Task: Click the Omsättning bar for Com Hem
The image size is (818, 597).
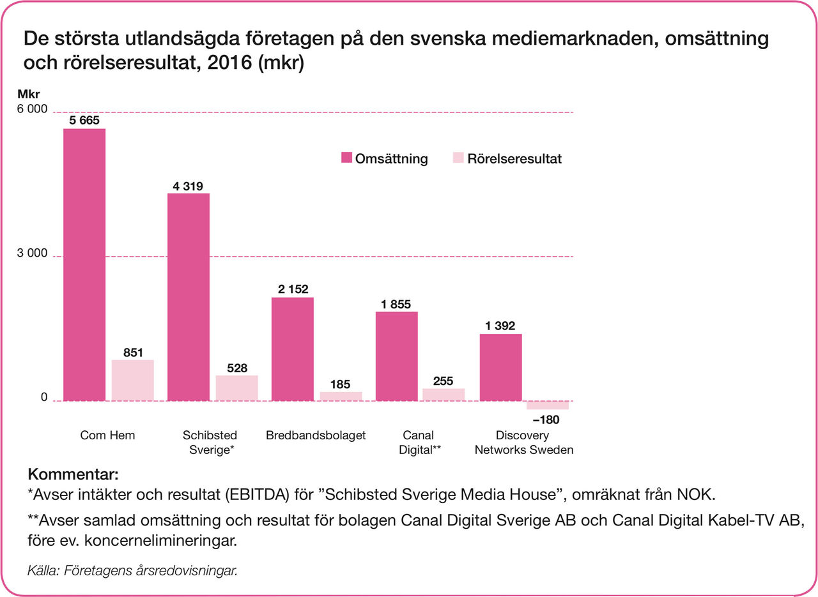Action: [x=84, y=265]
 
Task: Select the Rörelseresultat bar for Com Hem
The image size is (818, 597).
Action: [x=133, y=381]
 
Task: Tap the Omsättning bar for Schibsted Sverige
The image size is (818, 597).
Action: [x=188, y=297]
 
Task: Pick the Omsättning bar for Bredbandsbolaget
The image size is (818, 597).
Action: [x=292, y=349]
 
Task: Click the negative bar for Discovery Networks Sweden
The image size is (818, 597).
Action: [x=548, y=405]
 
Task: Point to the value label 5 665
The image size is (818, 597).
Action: [x=84, y=120]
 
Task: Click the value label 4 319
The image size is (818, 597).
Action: [x=188, y=186]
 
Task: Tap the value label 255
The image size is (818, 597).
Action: [x=443, y=381]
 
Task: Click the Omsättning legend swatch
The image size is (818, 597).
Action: [x=346, y=158]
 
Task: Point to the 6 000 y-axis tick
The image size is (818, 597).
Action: [x=31, y=110]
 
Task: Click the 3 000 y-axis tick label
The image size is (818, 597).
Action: [x=31, y=253]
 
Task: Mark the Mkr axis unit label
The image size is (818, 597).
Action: [x=28, y=94]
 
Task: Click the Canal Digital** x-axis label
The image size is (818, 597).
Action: [x=419, y=442]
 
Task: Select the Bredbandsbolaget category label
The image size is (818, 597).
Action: [x=316, y=435]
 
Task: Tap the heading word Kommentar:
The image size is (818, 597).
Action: [x=73, y=475]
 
